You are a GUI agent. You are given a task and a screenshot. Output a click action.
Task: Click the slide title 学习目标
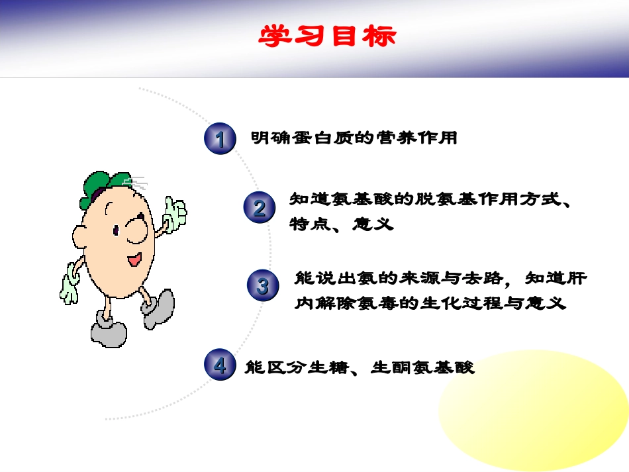[328, 36]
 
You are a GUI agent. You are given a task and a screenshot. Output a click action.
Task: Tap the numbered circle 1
[220, 139]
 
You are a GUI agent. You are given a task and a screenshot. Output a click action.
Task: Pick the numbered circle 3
[263, 286]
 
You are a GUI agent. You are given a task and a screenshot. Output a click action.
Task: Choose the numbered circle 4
[220, 365]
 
